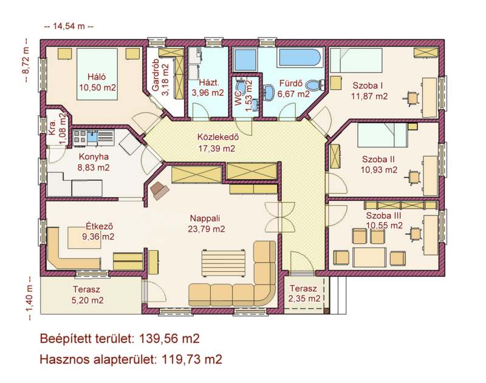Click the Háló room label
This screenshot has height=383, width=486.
(97, 76)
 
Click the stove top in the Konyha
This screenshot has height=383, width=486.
(80, 138)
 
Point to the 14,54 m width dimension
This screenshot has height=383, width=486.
(69, 26)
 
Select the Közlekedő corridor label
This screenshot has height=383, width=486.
(218, 137)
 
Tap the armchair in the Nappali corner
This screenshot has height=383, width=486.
(159, 190)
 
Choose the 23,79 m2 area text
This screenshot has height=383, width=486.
(207, 229)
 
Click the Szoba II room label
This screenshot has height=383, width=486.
(378, 159)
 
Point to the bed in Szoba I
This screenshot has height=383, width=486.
(356, 60)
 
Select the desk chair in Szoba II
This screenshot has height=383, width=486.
(413, 177)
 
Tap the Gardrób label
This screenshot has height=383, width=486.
(156, 75)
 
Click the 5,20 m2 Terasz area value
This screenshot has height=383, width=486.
(87, 300)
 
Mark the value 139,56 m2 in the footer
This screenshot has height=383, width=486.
(169, 339)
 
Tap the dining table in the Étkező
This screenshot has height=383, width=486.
(84, 237)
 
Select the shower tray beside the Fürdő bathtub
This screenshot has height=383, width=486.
(246, 59)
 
